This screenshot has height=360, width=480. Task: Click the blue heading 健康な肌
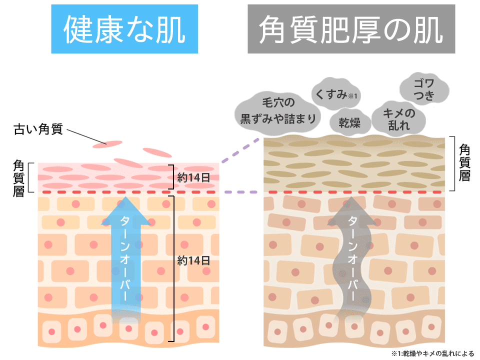[x=124, y=29]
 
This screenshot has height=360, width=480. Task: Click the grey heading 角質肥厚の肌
[x=351, y=29]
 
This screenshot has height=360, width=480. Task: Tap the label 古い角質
[x=38, y=130]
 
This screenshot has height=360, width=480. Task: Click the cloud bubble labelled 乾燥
[x=346, y=121]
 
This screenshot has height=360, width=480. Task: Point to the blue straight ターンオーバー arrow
[x=122, y=255]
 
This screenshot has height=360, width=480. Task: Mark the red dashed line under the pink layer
[x=129, y=192]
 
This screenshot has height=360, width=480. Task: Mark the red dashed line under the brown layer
[x=355, y=192]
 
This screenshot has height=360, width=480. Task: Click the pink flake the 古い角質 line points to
[x=107, y=145]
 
